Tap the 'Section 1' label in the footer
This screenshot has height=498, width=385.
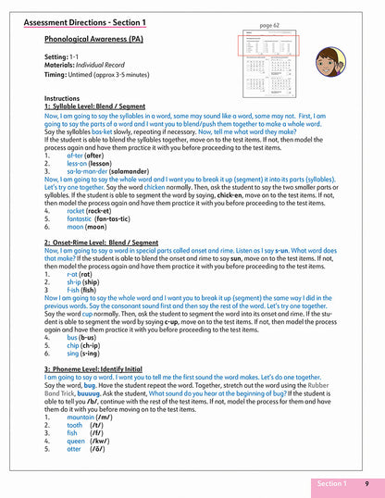click(x=330, y=483)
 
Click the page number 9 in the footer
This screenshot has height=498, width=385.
click(x=366, y=483)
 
